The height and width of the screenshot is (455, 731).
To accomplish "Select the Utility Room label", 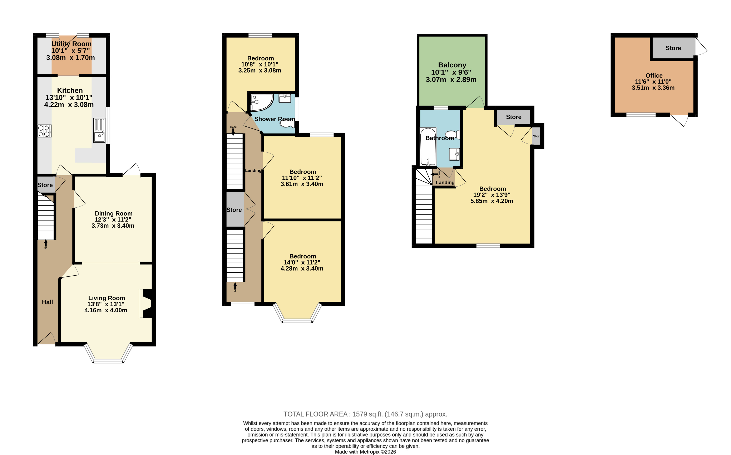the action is click(x=71, y=44).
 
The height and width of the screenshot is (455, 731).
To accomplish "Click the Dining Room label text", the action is click(x=114, y=213).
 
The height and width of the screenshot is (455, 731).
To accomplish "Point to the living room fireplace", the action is click(x=147, y=304).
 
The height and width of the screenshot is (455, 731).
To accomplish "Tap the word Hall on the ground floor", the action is click(x=48, y=302).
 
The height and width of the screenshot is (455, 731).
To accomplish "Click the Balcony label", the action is click(x=452, y=65).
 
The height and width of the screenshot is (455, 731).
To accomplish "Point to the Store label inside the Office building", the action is click(x=673, y=48).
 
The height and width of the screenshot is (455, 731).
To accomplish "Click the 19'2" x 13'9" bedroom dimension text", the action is click(x=492, y=195).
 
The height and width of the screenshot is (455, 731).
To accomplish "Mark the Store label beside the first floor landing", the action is click(x=234, y=210).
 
